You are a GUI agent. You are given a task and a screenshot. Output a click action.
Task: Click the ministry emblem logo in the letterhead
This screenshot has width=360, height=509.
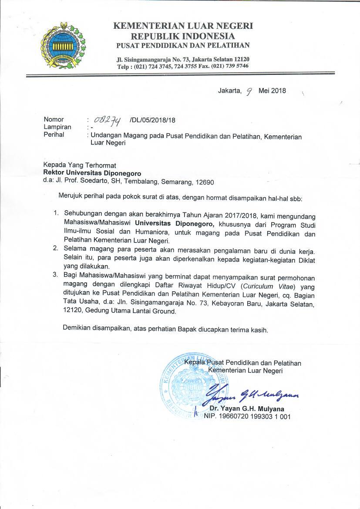point(63,45)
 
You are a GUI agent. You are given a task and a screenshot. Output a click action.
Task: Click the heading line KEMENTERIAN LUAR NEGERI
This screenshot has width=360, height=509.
point(183,26)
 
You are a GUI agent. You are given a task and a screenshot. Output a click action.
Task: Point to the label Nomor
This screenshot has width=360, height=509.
point(54,119)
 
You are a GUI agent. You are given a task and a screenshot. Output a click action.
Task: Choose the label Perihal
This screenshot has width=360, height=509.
point(54,135)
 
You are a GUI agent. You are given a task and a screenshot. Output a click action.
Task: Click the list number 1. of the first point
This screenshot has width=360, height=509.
point(56,213)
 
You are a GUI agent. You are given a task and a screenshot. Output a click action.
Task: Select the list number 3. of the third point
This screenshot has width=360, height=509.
point(56,275)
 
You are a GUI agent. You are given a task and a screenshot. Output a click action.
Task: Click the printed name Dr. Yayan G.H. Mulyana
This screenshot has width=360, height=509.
point(247,409)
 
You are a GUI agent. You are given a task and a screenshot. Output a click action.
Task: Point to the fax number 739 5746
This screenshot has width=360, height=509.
point(237,66)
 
